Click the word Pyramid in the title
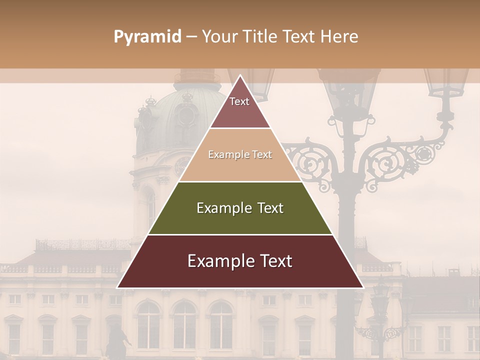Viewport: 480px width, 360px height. click(147, 37)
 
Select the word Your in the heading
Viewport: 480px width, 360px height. click(218, 37)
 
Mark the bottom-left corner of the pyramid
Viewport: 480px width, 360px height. click(117, 287)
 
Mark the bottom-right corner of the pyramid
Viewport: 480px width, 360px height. click(363, 287)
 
